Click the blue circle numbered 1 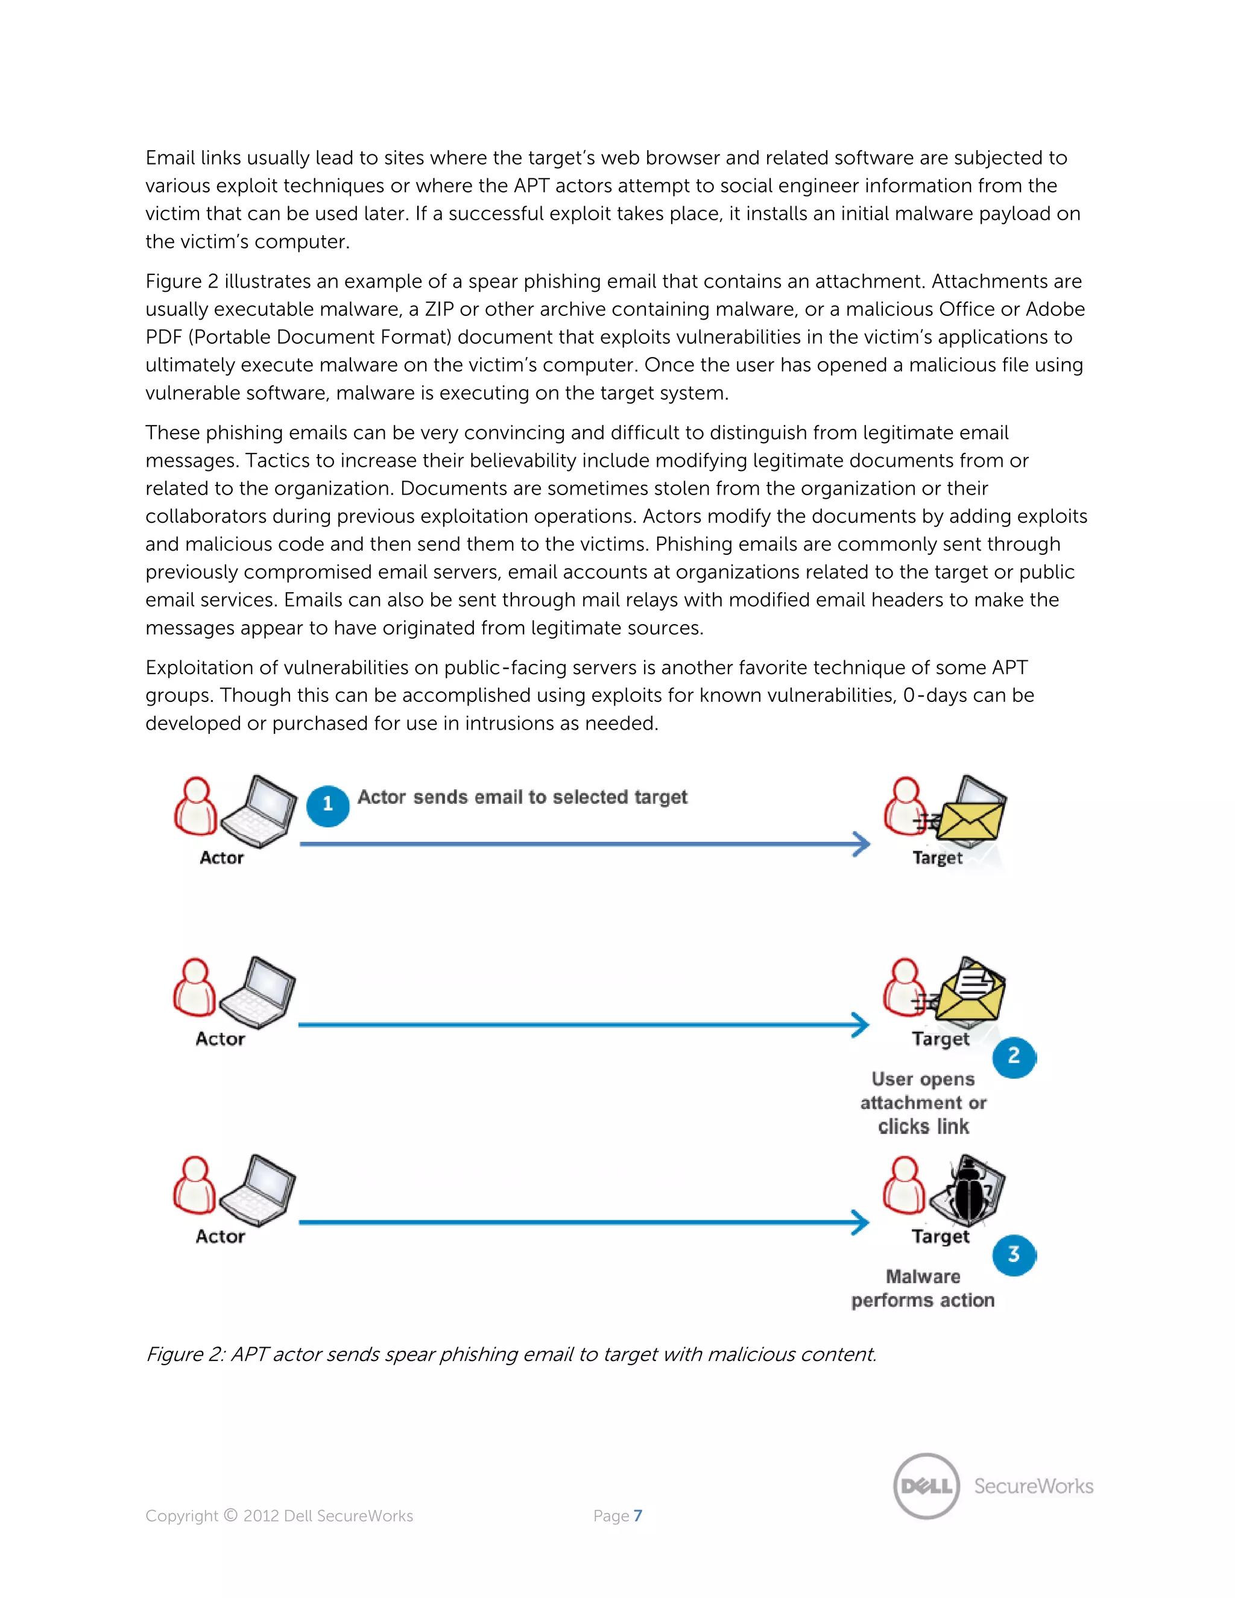pos(327,805)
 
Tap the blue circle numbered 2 pos(1013,1056)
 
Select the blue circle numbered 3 pos(1013,1255)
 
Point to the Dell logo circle pos(926,1486)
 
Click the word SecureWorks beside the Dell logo pos(1033,1486)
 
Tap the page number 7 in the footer pos(638,1515)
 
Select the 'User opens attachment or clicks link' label pos(923,1103)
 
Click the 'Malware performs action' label pos(923,1289)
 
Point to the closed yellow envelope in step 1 pos(970,821)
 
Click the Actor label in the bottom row pos(220,1237)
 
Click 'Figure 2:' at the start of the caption pos(185,1354)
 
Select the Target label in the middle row pos(940,1039)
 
